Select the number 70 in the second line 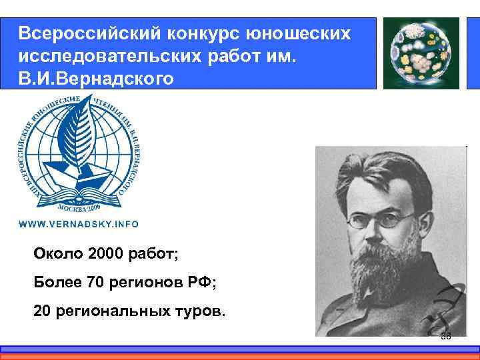coord(94,283)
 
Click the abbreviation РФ coord(201,283)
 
